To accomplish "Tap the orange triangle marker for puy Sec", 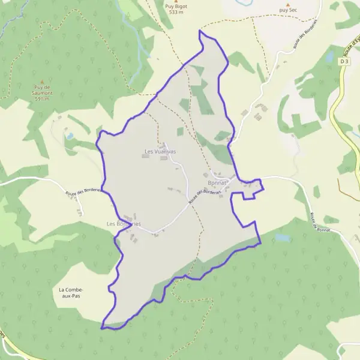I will click(287, 4).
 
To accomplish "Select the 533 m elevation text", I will click(175, 12).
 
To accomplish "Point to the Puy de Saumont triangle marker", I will click(42, 82).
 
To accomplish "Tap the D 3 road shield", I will click(344, 61).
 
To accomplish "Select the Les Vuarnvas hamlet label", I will click(160, 152).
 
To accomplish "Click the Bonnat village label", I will click(217, 182).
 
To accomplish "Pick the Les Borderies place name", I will click(124, 224).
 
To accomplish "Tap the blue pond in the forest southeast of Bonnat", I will click(282, 238).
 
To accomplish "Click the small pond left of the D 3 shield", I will click(329, 58).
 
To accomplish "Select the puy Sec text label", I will click(288, 10).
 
